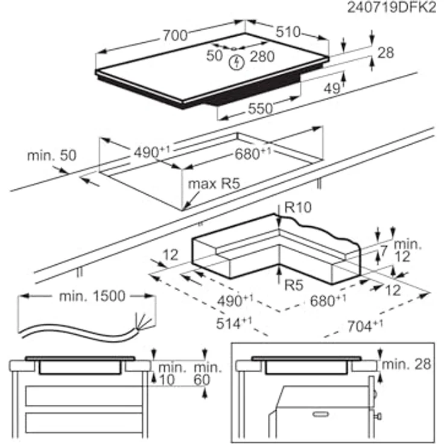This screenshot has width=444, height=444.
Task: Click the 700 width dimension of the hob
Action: pos(176,36)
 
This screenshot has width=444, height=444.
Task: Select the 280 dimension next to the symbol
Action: pos(262,57)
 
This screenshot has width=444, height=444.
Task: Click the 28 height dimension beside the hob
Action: pos(385,53)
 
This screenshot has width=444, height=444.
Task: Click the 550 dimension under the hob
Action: pos(260,109)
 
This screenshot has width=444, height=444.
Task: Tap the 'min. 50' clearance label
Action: pos(52,156)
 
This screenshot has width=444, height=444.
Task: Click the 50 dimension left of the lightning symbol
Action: pos(215,56)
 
